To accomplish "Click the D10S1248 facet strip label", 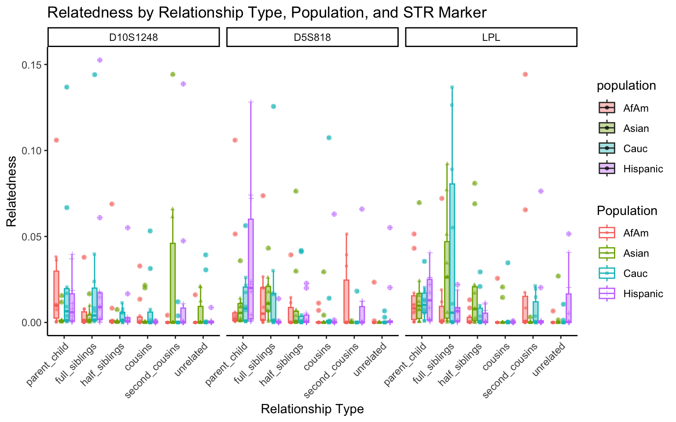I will (x=133, y=37).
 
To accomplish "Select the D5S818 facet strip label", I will (x=312, y=37).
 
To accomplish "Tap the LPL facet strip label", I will (x=491, y=37).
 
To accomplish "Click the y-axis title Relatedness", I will (x=11, y=191).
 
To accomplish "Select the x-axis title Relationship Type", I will (x=312, y=409).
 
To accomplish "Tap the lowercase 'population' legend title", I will (x=626, y=86).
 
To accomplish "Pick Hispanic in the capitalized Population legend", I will (x=643, y=294).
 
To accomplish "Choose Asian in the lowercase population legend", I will (x=636, y=128).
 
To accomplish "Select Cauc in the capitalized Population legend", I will (x=636, y=273).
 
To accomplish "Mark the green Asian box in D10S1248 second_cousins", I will (x=173, y=281).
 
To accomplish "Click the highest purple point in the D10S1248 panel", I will (x=100, y=60).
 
